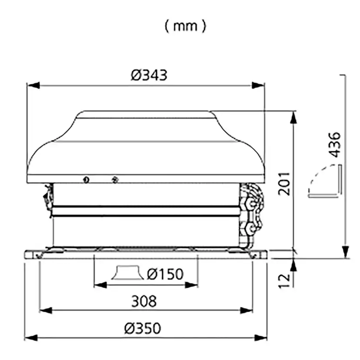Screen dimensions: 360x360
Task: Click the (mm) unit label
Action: pos(185,26)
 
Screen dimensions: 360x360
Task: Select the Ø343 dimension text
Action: pos(149,75)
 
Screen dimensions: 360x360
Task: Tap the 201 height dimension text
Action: pos(284,183)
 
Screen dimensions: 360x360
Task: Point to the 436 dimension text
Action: pos(334,145)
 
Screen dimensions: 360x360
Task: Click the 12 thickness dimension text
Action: pos(284,280)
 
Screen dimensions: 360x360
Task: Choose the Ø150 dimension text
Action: pos(165,274)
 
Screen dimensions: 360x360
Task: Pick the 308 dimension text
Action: pos(144,301)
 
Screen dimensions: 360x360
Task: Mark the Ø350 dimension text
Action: pos(142,328)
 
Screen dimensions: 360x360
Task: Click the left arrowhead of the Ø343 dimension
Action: pos(33,85)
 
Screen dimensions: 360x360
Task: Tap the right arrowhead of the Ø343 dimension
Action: pos(258,85)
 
